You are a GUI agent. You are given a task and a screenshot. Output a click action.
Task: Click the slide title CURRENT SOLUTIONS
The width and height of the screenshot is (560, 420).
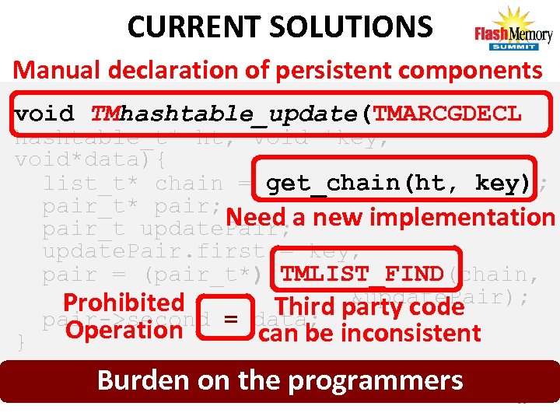click(x=279, y=26)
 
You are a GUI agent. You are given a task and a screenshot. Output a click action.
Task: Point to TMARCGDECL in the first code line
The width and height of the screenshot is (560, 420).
click(x=448, y=114)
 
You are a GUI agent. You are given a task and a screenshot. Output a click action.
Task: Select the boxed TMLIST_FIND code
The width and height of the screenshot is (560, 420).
click(x=362, y=275)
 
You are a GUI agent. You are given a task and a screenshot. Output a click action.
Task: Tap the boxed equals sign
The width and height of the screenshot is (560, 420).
click(x=230, y=318)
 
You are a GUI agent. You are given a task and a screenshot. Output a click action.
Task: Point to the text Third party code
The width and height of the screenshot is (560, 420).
click(x=369, y=306)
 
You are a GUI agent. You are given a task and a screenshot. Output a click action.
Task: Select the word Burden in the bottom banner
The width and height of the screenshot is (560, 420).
click(x=142, y=380)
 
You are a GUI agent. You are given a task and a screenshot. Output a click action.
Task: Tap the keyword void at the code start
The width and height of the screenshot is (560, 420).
click(x=44, y=114)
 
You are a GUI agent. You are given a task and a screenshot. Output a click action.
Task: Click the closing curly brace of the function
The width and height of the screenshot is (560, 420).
click(x=21, y=341)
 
